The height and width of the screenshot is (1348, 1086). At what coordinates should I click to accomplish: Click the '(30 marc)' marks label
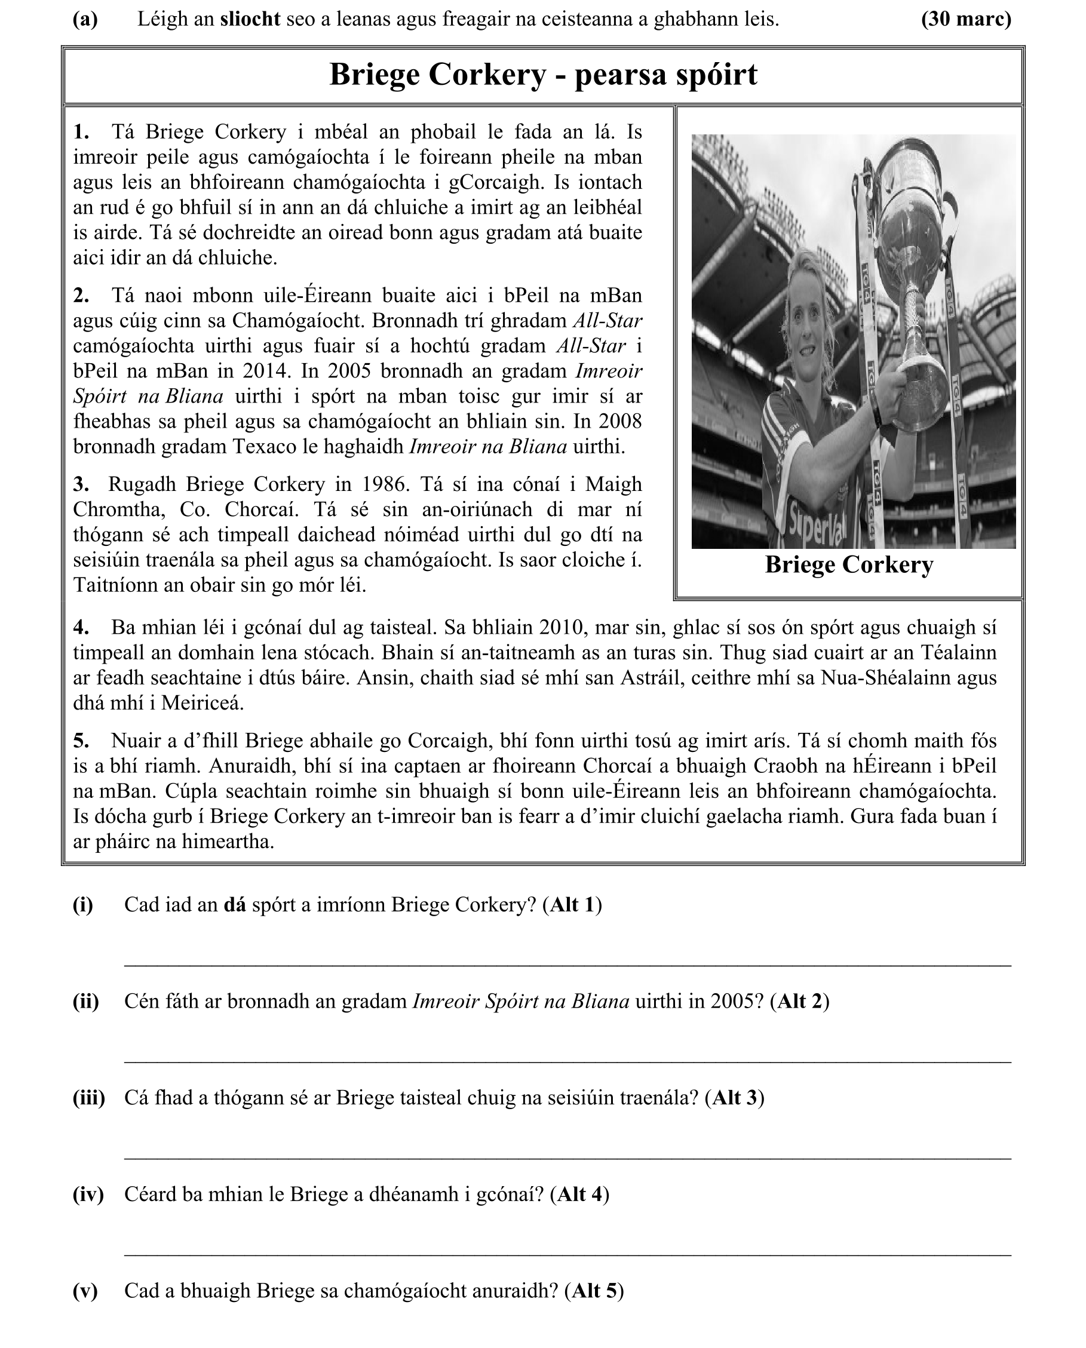(x=966, y=19)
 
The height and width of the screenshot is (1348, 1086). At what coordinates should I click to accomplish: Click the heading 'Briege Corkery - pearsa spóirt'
(x=543, y=75)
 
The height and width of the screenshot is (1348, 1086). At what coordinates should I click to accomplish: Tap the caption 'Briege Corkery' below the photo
(x=849, y=565)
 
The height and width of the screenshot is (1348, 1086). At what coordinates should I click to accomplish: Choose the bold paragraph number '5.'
(x=81, y=741)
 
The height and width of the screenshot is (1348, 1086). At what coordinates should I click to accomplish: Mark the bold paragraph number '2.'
(x=81, y=296)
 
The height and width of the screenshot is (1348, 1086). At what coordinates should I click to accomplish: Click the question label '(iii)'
(x=89, y=1097)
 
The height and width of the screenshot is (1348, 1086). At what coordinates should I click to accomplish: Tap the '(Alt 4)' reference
(x=579, y=1194)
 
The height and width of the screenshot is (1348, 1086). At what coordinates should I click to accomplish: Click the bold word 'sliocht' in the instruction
(x=250, y=19)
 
